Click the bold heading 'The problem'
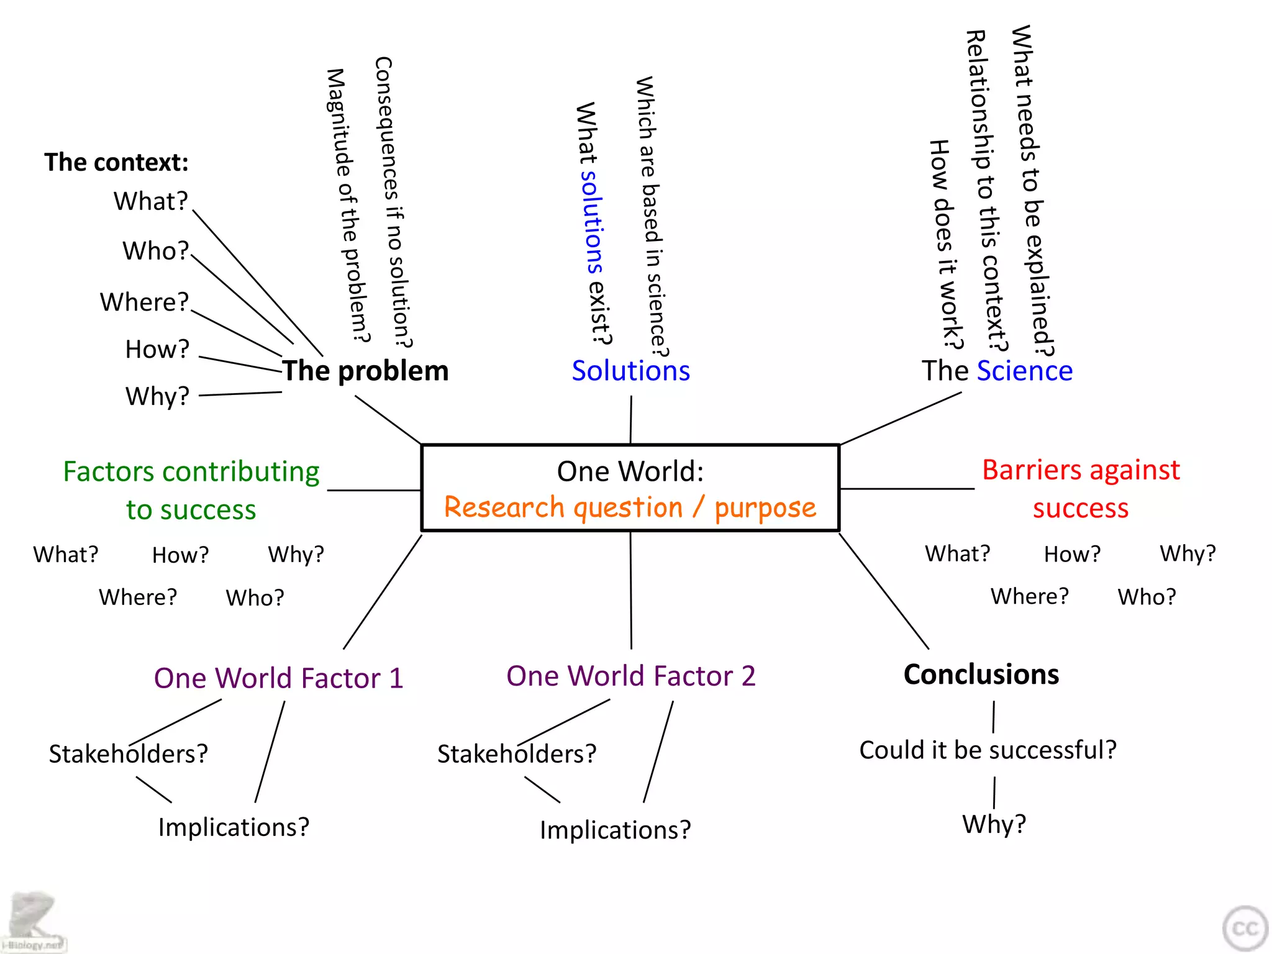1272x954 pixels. pos(365,371)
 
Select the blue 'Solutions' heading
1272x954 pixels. pos(630,371)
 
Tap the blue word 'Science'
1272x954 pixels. pos(1024,371)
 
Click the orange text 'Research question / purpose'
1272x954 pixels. pos(630,507)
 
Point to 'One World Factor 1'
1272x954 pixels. pos(278,678)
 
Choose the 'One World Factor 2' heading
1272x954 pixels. pos(630,676)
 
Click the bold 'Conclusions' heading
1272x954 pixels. pos(981,675)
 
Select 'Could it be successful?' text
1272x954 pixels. pos(988,750)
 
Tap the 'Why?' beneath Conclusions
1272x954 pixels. pos(994,824)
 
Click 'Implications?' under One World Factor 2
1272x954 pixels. pos(615,830)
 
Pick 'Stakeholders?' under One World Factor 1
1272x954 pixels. pos(128,753)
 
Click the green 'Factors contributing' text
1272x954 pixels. pos(191,471)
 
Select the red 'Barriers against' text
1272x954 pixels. pos(1081,470)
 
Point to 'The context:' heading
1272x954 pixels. pos(116,162)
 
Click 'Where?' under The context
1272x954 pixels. pos(144,302)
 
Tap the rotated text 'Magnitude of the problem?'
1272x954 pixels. pos(348,205)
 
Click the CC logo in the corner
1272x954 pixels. pos(1245,928)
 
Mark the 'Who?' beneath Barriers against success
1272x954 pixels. pos(1147,597)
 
